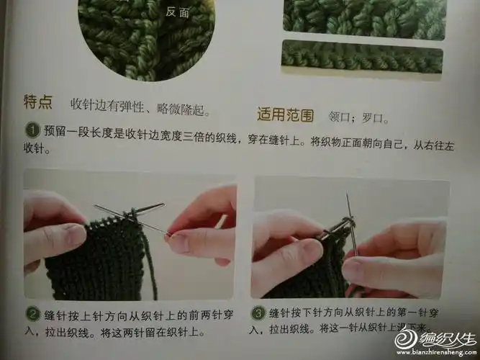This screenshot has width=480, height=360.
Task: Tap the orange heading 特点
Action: tap(37, 103)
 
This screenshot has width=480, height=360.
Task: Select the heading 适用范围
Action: tap(285, 114)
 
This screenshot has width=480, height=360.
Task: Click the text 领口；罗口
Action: tap(358, 116)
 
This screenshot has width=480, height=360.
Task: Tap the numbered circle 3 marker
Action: tap(258, 314)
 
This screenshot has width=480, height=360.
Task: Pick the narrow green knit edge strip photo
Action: tap(363, 57)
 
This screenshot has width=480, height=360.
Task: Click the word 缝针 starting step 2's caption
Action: tap(54, 314)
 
